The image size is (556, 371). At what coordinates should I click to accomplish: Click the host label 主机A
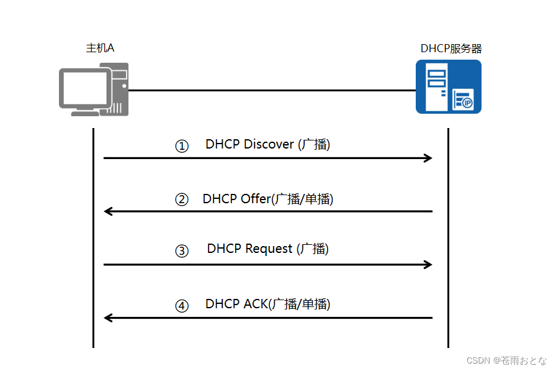tap(100, 48)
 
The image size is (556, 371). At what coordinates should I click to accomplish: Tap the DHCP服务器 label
tap(451, 48)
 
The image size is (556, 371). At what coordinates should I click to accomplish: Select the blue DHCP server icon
tap(448, 87)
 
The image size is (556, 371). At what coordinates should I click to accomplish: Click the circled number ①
tap(181, 147)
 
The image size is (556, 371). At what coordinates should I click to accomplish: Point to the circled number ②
tap(181, 200)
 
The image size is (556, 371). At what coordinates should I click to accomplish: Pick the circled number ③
tap(181, 251)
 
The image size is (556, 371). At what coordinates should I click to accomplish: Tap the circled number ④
tap(181, 306)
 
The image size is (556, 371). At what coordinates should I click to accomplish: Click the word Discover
tap(269, 144)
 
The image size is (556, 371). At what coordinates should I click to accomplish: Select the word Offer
tap(254, 199)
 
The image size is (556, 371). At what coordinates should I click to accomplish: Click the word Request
tap(269, 249)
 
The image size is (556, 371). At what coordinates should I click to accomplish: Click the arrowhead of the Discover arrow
tap(428, 158)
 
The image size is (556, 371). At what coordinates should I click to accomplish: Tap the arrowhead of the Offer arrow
tap(108, 211)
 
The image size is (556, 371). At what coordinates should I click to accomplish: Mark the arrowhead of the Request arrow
tap(428, 265)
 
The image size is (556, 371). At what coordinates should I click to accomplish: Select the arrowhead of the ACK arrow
tap(108, 318)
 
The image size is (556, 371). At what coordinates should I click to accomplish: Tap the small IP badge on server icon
tap(467, 103)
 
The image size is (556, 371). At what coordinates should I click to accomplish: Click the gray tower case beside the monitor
tap(120, 88)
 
